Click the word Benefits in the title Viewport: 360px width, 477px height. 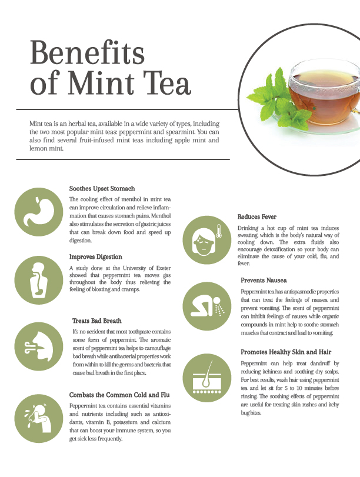[87, 52]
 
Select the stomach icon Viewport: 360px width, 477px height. [39, 212]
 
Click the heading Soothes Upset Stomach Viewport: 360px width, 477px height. [102, 189]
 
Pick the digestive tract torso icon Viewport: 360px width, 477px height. [39, 280]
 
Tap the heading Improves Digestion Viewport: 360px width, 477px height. [95, 257]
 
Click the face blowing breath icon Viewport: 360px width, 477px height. [39, 346]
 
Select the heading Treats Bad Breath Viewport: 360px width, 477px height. [97, 321]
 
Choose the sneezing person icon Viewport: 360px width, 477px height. [39, 419]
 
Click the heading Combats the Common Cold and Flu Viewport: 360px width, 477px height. [119, 395]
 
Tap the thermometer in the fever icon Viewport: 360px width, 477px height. [218, 231]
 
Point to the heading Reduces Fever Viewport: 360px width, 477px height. [257, 217]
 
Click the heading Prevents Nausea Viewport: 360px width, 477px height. [264, 280]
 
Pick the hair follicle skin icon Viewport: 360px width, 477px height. [207, 378]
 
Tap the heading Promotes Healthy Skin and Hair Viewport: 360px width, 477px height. [286, 352]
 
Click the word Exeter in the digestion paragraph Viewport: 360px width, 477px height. [164, 268]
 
